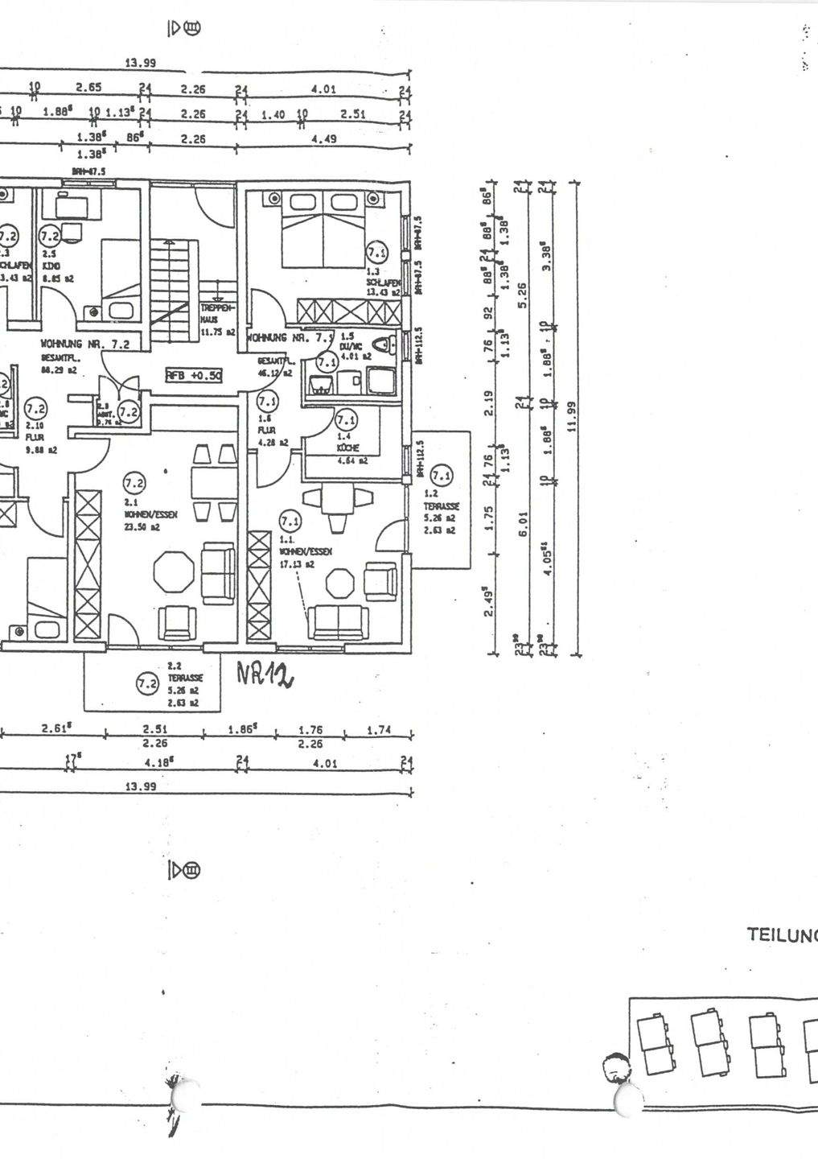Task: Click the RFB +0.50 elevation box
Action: (x=193, y=375)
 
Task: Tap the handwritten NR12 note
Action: (x=265, y=674)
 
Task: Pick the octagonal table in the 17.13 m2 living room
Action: (x=339, y=583)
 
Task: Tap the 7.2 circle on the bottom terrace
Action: (x=147, y=684)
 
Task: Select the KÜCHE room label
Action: (x=348, y=448)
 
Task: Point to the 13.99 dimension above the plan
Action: (x=141, y=64)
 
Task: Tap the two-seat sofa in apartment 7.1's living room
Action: (x=339, y=621)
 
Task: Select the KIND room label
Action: (x=51, y=266)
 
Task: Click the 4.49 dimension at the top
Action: (x=323, y=138)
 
